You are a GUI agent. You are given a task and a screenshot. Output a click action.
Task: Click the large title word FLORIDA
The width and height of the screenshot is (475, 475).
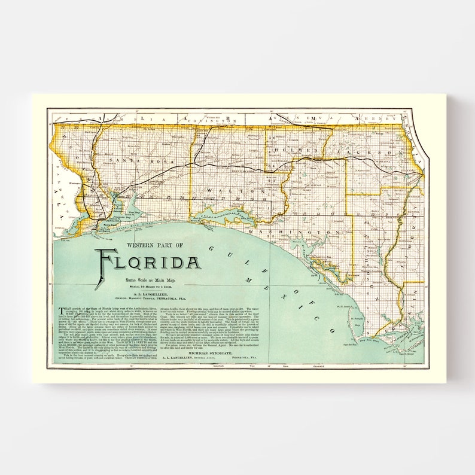tap(149, 262)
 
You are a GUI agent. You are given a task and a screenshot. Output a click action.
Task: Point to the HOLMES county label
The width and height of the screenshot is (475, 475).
tap(298, 151)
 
